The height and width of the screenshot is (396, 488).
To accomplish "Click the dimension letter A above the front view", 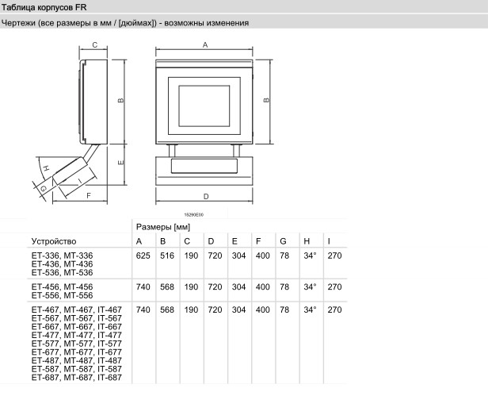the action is [x=205, y=45].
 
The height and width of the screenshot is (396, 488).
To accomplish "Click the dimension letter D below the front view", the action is [x=206, y=197].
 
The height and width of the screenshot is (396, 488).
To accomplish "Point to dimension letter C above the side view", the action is [x=95, y=45].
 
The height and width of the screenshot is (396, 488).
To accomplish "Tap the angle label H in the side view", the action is [x=46, y=168].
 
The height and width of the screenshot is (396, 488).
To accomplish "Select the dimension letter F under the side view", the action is [x=89, y=195].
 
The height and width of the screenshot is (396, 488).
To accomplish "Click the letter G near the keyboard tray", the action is [x=44, y=188].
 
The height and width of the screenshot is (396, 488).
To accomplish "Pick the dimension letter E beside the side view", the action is [x=120, y=163].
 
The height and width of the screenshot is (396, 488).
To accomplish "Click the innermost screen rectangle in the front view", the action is [x=204, y=106].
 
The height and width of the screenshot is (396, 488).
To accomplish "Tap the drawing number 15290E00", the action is [x=194, y=214].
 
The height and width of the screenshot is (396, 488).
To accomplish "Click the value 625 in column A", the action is [x=143, y=256].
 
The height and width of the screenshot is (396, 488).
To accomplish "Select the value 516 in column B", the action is [x=167, y=256].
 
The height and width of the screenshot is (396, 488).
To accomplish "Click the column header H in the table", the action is [x=307, y=241].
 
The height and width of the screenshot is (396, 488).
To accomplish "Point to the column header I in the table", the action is [x=329, y=241].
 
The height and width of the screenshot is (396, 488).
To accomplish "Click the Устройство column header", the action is [x=54, y=241].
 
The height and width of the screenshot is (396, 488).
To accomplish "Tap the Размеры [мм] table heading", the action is [x=163, y=227].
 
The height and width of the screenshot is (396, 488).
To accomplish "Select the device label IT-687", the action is [x=109, y=377].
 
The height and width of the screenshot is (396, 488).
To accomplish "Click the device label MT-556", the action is [x=78, y=295].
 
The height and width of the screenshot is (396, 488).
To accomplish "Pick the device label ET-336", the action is [x=45, y=256].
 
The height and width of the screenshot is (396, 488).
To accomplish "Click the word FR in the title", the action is [x=81, y=7].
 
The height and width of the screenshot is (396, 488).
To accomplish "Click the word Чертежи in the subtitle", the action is [x=18, y=23].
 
